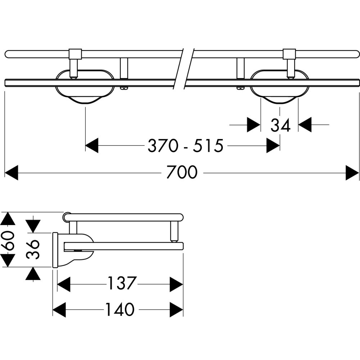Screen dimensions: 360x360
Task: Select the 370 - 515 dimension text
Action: pyautogui.click(x=185, y=145)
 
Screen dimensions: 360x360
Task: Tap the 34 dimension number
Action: pyautogui.click(x=280, y=125)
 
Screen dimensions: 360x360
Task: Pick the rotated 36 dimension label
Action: pyautogui.click(x=33, y=249)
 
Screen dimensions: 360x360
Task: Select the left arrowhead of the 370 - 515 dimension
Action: pyautogui.click(x=92, y=145)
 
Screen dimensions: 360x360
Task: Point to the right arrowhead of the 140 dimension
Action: pyautogui.click(x=176, y=310)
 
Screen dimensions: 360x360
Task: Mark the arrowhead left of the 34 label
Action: pyautogui.click(x=254, y=125)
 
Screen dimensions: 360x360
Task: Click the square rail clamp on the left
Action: pyautogui.click(x=75, y=54)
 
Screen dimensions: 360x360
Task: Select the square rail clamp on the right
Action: pyautogui.click(x=289, y=54)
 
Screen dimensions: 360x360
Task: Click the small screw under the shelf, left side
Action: pyautogui.click(x=124, y=88)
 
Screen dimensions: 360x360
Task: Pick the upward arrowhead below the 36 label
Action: pyautogui.click(x=33, y=274)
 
